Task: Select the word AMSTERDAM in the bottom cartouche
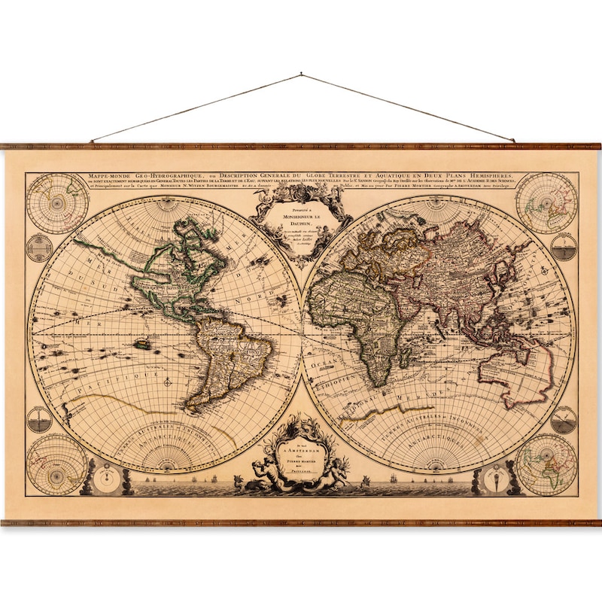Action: [302, 451]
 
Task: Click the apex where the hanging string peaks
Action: [301, 74]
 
